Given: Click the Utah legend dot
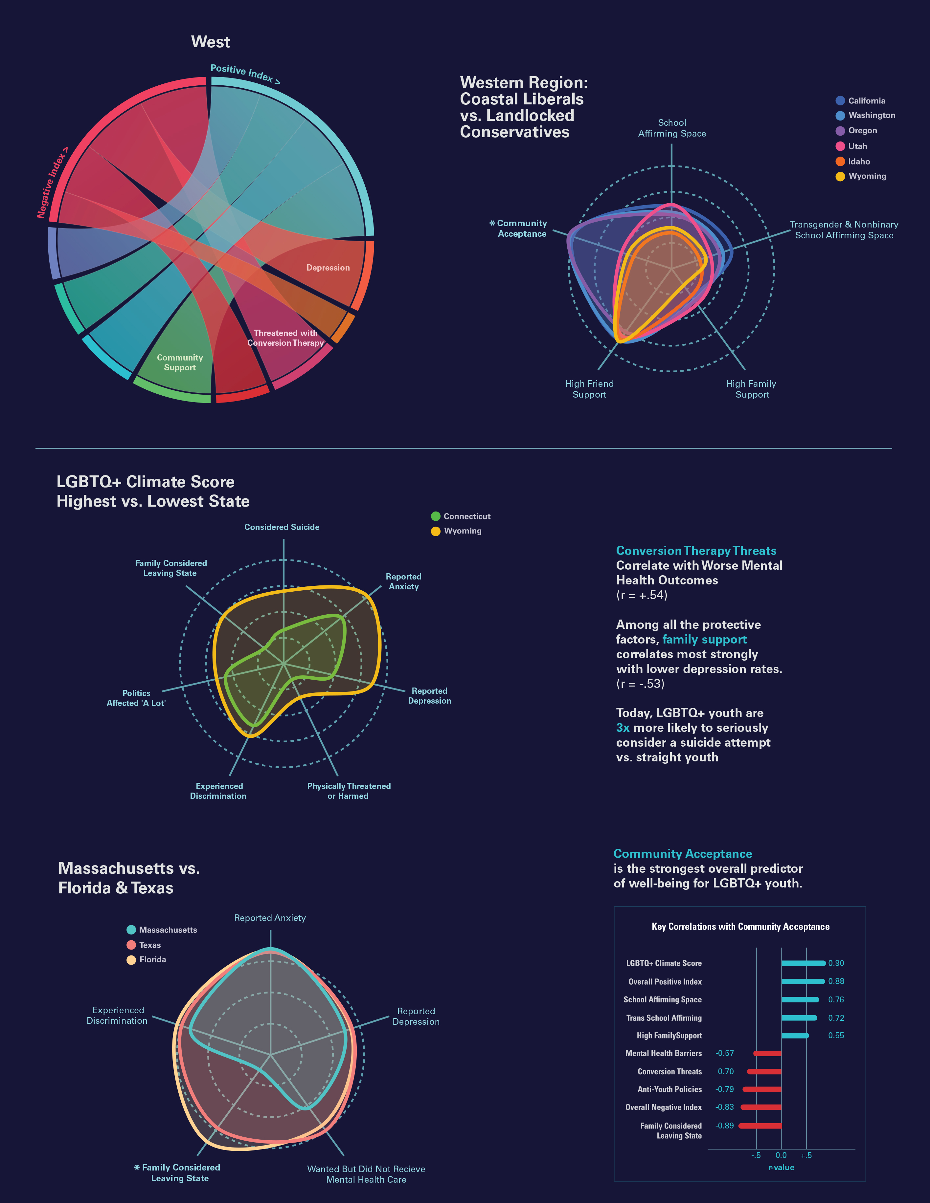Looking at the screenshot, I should point(840,146).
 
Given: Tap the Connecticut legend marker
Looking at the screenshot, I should point(436,516).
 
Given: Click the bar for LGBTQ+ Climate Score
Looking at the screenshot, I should point(803,963).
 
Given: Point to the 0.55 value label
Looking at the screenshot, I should point(836,1036).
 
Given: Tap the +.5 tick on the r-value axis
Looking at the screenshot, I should point(806,1155).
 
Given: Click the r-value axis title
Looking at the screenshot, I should point(781,1167).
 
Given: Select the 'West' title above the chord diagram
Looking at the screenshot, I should point(211,42).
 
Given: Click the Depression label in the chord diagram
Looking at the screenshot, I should point(328,268).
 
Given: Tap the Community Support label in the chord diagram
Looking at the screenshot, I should point(180,362).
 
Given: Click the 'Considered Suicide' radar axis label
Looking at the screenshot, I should point(282,527).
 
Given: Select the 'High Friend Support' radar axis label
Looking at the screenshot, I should point(589,389).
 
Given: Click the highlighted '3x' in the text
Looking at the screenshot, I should point(623,728).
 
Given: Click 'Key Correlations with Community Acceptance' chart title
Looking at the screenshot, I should point(740,927).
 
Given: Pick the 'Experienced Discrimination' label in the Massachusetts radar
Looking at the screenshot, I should point(117,1015).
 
